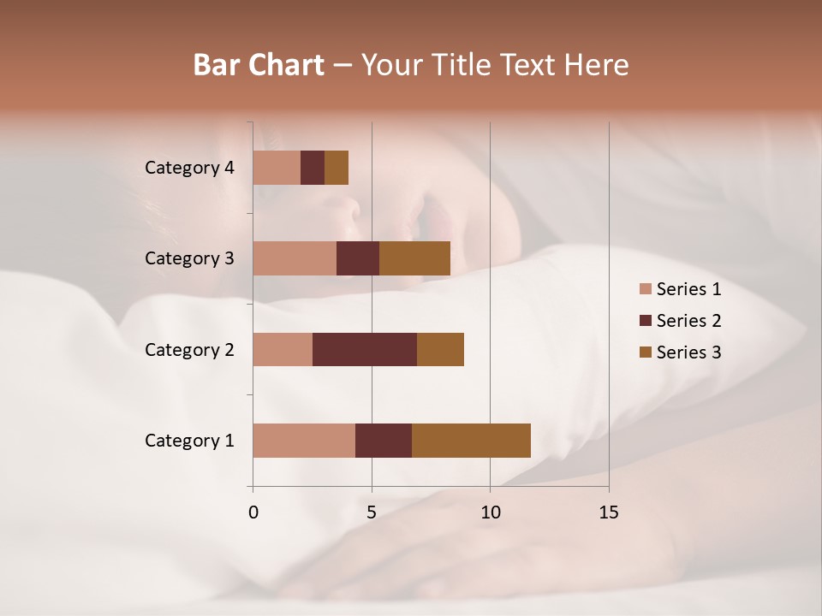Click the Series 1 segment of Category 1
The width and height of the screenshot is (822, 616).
304,441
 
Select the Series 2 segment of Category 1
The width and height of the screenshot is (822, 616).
384,441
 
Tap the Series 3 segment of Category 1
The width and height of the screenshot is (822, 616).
471,441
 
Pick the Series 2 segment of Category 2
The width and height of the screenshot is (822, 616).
365,349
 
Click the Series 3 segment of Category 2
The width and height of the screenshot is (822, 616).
440,349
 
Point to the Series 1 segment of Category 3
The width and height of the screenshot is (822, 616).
295,258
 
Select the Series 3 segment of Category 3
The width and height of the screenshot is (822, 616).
414,258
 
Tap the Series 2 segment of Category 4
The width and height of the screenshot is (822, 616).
313,168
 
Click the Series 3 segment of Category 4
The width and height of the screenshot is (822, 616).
337,168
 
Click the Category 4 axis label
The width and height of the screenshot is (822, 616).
189,168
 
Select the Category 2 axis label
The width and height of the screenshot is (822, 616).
189,349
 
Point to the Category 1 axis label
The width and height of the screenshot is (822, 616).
189,441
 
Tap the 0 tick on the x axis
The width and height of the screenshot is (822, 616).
253,512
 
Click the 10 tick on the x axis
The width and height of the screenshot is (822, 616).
490,512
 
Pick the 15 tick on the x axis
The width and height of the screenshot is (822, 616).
609,512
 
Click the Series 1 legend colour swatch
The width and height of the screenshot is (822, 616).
646,289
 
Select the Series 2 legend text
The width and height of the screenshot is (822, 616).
688,321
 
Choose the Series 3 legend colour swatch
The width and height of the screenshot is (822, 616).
646,352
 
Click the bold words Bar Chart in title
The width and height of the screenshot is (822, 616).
259,65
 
